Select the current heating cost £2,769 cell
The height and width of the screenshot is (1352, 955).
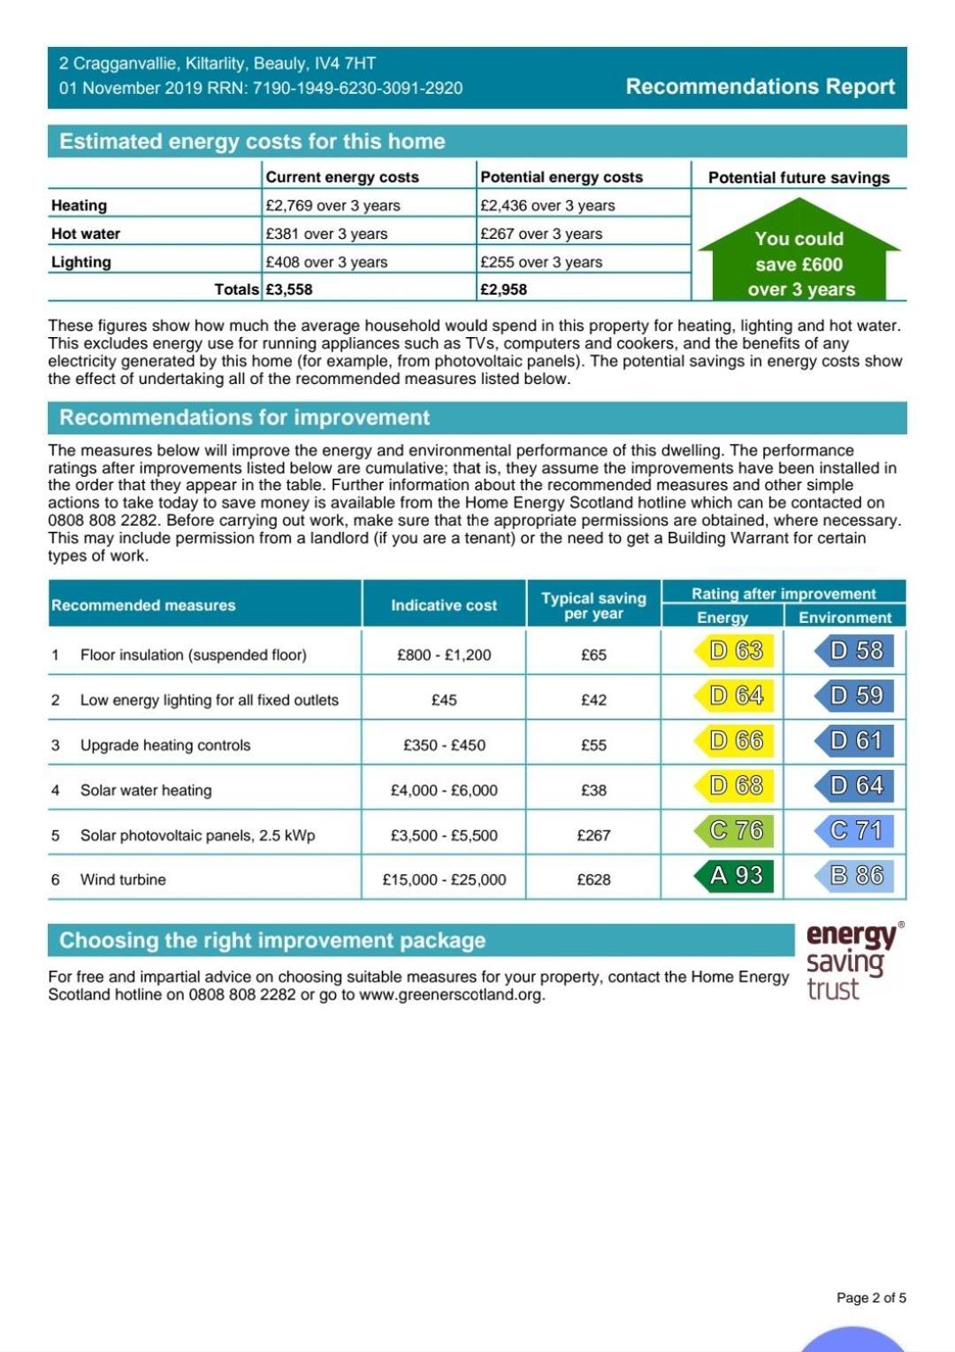click(x=332, y=205)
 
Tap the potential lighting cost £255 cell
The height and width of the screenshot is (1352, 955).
click(x=541, y=262)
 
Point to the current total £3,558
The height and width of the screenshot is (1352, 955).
click(x=289, y=289)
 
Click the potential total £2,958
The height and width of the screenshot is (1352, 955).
click(x=504, y=289)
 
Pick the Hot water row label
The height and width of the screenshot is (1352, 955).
click(x=86, y=234)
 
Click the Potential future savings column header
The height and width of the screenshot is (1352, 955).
click(x=798, y=177)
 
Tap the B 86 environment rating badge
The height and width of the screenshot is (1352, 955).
click(x=854, y=876)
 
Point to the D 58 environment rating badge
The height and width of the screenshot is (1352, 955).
click(x=854, y=651)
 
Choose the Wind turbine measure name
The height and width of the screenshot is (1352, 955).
click(x=123, y=880)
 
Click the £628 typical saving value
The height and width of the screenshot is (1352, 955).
click(x=593, y=880)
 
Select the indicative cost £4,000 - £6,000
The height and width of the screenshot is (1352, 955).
click(x=444, y=790)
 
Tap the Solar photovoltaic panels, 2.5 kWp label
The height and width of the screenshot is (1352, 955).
click(x=197, y=835)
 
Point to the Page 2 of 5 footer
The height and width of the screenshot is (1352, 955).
click(x=871, y=1298)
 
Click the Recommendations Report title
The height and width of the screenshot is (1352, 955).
click(x=760, y=87)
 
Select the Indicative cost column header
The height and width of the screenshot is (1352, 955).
click(x=444, y=605)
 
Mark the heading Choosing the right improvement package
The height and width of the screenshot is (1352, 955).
click(x=272, y=941)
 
